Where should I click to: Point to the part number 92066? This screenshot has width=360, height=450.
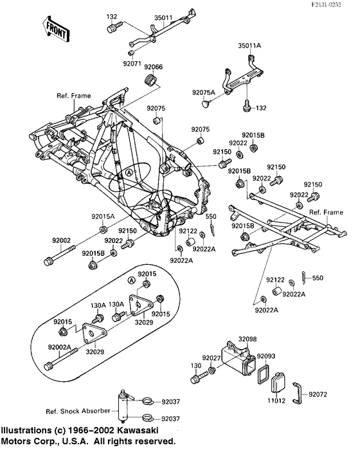click(x=153, y=67)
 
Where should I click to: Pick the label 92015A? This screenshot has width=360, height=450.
click(x=104, y=217)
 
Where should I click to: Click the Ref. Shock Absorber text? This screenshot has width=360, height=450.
click(x=72, y=411)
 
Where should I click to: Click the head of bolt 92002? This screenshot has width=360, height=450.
click(x=48, y=261)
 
